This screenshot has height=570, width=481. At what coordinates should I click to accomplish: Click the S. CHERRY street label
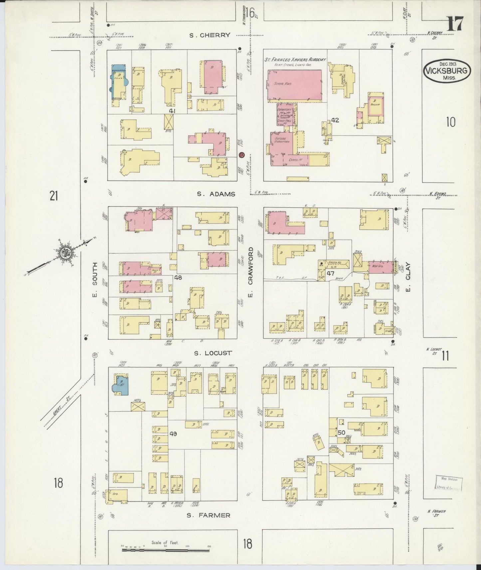[210, 35]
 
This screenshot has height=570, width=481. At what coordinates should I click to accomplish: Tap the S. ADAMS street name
[216, 194]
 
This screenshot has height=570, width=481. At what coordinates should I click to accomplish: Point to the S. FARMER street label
[208, 515]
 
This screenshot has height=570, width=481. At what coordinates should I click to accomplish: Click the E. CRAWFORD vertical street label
[250, 271]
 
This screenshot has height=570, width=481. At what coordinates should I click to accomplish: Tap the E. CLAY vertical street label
[408, 277]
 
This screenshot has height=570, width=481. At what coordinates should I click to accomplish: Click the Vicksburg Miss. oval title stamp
[447, 71]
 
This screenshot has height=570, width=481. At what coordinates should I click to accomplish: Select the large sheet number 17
[455, 24]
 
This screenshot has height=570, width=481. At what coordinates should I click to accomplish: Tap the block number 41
[172, 111]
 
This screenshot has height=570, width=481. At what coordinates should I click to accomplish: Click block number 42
[335, 120]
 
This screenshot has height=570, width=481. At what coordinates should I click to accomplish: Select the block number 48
[178, 277]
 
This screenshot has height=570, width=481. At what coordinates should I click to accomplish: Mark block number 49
[173, 433]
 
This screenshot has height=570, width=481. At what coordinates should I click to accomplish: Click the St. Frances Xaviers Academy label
[295, 60]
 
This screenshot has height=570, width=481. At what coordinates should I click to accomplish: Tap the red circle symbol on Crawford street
[242, 155]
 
